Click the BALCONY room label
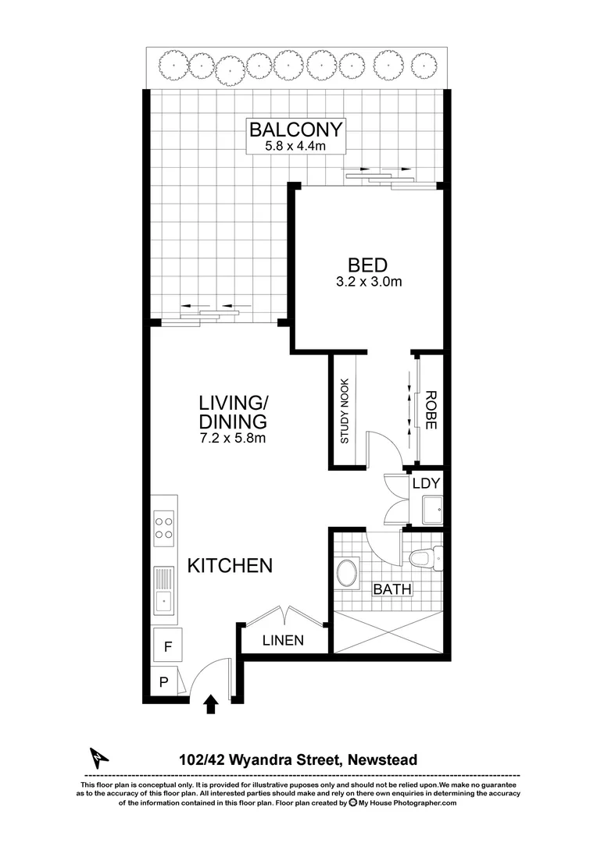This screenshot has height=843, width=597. click(295, 129)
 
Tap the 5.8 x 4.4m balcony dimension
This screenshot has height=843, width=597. click(295, 146)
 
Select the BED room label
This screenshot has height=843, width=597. click(367, 265)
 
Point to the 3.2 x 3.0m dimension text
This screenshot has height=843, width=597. click(367, 282)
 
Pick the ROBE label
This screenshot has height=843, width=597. click(431, 412)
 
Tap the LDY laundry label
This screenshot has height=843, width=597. click(427, 484)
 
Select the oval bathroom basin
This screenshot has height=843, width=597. click(348, 572)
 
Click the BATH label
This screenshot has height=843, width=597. click(392, 589)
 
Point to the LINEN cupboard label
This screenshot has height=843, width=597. click(282, 642)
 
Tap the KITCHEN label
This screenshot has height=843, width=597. click(230, 565)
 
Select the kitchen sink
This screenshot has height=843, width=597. click(164, 591)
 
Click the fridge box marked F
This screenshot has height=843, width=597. click(166, 646)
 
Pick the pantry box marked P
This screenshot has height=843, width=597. click(163, 682)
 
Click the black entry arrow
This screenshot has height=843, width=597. click(210, 705)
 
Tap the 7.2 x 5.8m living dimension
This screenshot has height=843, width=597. click(234, 439)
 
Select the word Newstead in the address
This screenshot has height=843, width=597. click(383, 759)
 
